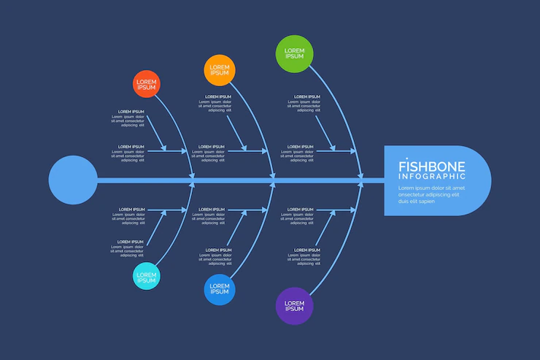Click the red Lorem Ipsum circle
(146, 83)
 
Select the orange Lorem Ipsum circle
(219, 70)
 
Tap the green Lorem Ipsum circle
(294, 53)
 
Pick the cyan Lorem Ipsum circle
(146, 277)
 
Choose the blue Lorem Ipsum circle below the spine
(219, 289)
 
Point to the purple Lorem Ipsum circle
(294, 305)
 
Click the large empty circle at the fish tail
(73, 180)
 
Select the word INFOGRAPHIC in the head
(432, 176)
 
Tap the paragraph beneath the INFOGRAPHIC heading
(431, 194)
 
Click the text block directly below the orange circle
(216, 104)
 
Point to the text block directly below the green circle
(306, 104)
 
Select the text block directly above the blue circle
(216, 257)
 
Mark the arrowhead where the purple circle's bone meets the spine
(359, 185)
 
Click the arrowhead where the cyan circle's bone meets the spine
(193, 185)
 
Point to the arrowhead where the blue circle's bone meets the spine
(274, 185)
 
